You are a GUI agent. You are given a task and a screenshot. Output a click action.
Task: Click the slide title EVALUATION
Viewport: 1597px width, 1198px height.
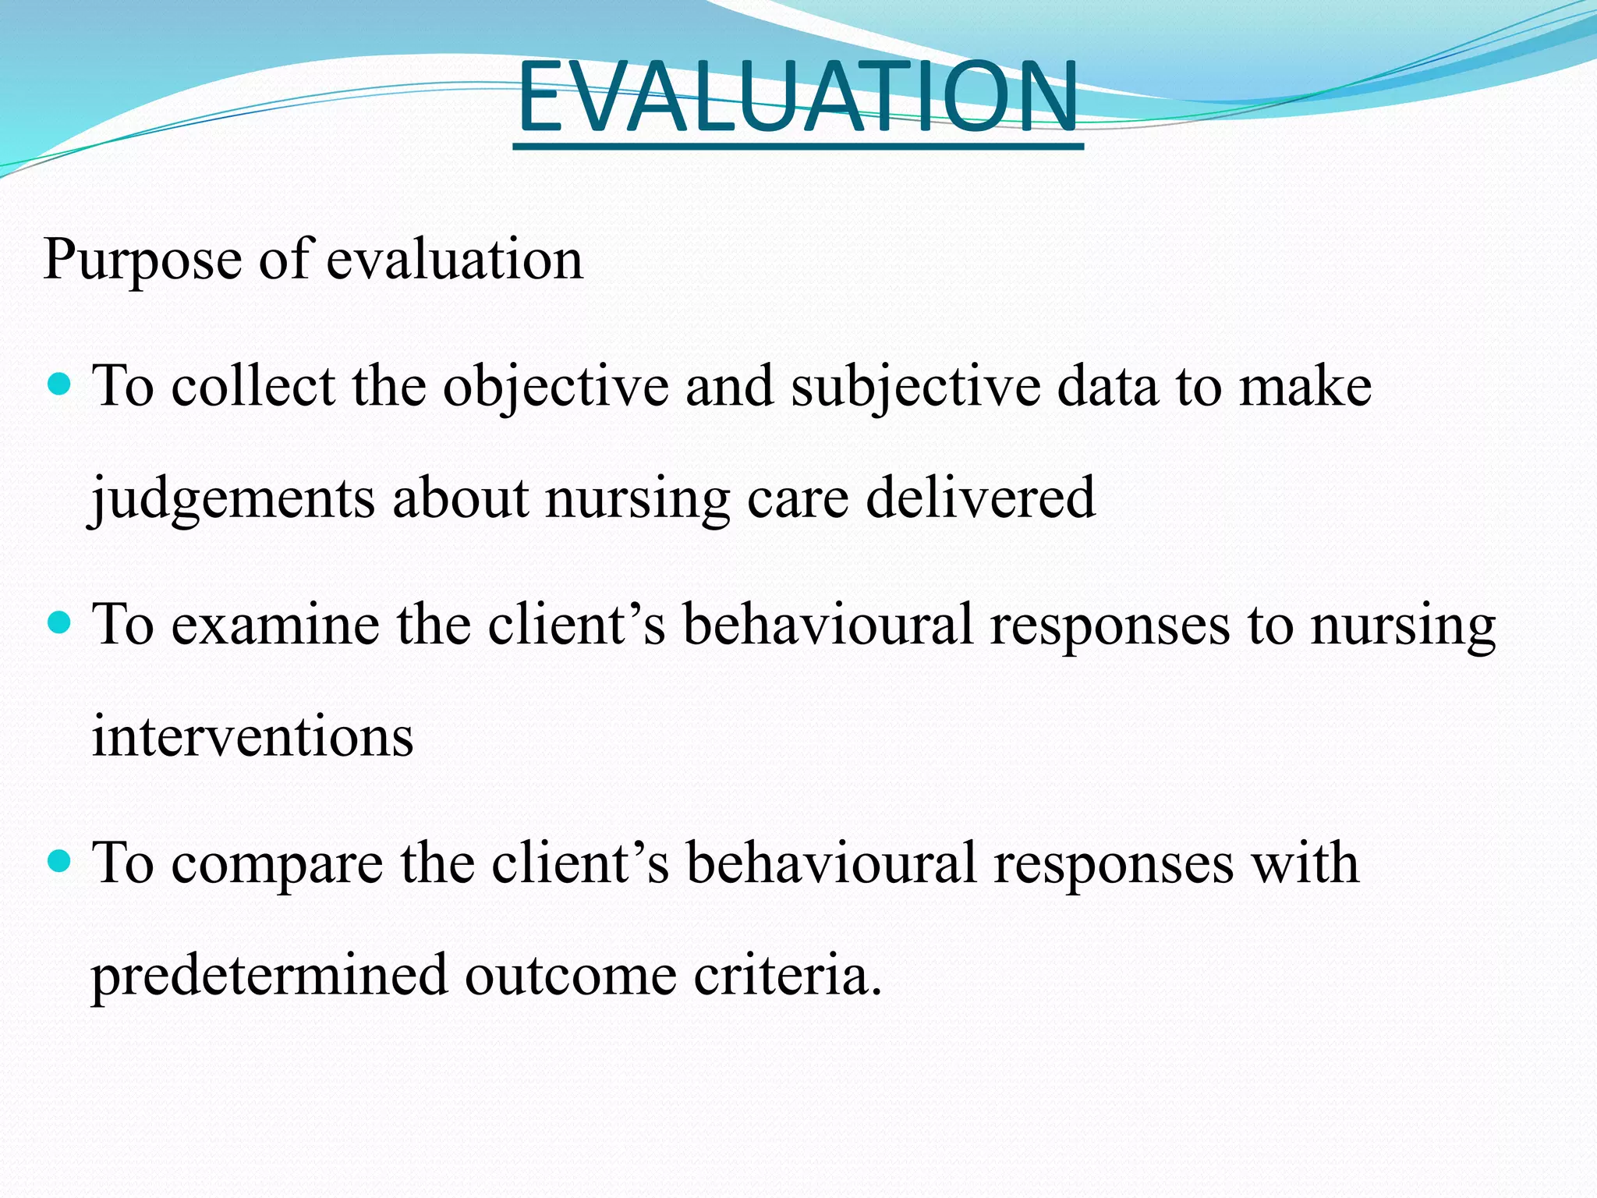(798, 97)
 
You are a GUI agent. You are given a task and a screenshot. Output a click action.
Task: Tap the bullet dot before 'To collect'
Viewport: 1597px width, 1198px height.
(59, 385)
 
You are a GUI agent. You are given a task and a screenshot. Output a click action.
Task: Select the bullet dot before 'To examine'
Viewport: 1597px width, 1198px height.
(59, 623)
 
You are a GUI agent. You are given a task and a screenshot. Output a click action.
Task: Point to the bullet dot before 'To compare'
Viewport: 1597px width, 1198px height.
(59, 862)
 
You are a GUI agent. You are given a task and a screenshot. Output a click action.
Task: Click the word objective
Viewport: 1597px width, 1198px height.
(556, 387)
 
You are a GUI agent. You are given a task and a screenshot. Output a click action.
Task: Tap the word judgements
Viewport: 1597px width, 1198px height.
(232, 499)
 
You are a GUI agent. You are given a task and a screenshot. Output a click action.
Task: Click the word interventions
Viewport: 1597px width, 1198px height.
(253, 736)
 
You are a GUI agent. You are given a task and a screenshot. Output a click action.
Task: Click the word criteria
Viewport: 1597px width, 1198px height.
(788, 975)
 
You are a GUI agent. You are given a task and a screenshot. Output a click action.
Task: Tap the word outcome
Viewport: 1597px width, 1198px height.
(571, 976)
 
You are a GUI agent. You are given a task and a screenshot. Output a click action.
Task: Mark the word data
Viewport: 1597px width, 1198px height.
(1107, 387)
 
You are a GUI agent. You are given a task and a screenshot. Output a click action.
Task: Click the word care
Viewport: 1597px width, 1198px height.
(798, 499)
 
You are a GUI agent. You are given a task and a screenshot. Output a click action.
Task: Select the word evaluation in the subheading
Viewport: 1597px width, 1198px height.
(454, 259)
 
